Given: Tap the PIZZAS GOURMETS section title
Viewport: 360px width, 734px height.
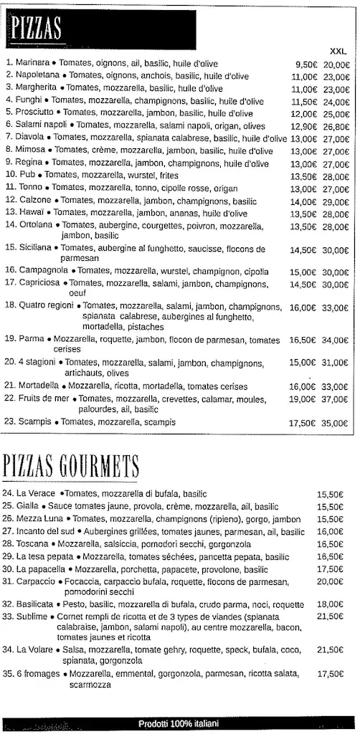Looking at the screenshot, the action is coord(72,467).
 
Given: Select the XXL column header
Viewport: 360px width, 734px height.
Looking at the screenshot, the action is coord(338,52).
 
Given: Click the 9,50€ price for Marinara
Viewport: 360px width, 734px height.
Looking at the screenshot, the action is coord(305,64).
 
